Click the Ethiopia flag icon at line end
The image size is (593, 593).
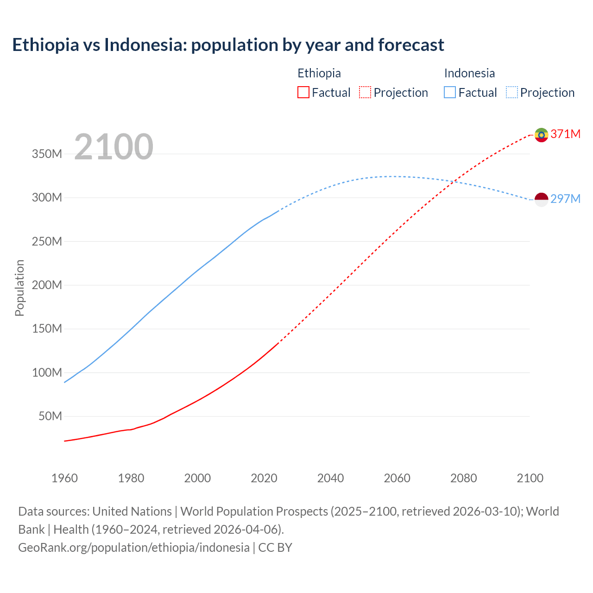tap(541, 135)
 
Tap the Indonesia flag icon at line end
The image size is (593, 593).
tap(541, 200)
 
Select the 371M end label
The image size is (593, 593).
tap(566, 134)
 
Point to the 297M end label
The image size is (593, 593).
tap(566, 199)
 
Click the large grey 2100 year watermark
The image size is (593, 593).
tap(114, 147)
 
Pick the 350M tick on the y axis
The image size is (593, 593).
tap(47, 154)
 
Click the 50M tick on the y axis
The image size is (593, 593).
tap(50, 416)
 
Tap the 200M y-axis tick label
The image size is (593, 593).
tap(47, 285)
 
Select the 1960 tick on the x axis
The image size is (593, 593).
tap(64, 478)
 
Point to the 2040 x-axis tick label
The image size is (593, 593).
tap(330, 478)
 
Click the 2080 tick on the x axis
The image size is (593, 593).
tap(463, 478)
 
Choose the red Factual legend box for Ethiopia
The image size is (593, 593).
tap(303, 92)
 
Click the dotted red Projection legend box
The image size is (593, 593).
tap(365, 92)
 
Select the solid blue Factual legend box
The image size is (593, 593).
tap(449, 92)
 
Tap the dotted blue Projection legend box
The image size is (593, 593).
tap(511, 92)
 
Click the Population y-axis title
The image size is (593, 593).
tap(19, 288)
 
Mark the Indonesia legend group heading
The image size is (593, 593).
tap(469, 73)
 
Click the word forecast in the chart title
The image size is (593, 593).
tap(411, 45)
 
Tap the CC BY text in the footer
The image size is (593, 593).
tap(275, 548)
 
